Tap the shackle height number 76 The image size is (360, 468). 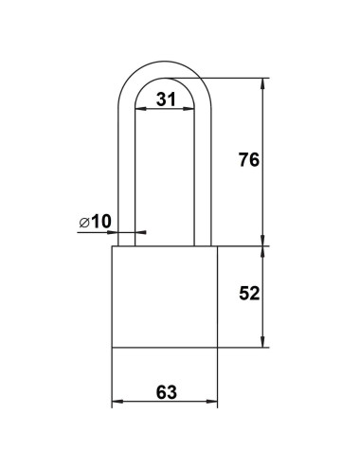[248, 161]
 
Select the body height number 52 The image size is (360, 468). [248, 294]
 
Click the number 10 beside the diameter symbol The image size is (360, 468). [102, 221]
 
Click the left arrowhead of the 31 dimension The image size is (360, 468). [137, 110]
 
